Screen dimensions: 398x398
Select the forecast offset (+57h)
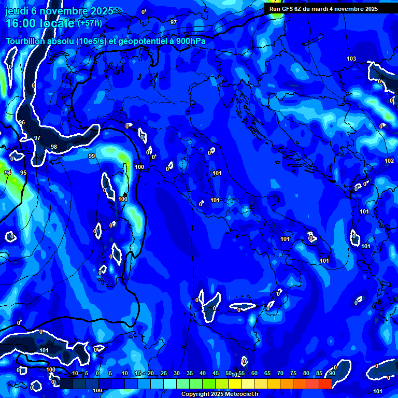tap(90, 23)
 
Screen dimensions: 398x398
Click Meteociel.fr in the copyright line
tap(242, 394)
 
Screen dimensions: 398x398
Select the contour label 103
tap(351, 59)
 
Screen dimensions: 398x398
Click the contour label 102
tap(389, 161)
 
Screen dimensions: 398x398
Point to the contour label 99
tap(92, 156)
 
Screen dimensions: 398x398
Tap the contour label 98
tap(54, 147)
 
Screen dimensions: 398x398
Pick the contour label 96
tap(22, 122)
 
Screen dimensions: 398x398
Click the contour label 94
tap(8, 172)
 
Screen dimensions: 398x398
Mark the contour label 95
tap(23, 172)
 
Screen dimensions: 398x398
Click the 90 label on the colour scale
tap(332, 374)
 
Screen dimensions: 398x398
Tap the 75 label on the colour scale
tap(293, 374)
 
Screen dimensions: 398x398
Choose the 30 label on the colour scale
tap(176, 374)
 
